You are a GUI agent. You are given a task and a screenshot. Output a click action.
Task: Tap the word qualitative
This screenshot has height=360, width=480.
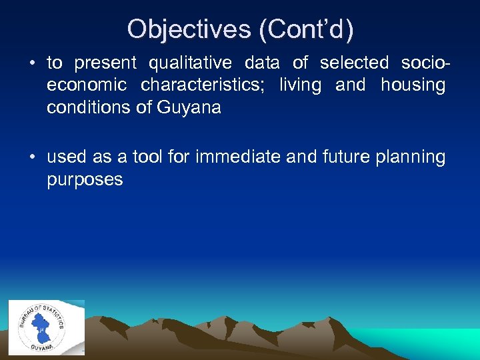190,63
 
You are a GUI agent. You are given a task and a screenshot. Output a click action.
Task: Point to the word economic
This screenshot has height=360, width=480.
87,85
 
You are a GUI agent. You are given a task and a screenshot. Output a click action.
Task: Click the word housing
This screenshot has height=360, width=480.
413,85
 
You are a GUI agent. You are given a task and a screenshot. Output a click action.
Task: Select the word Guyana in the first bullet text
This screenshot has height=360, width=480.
189,107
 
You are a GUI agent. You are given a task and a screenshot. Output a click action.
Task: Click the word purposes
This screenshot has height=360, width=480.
85,180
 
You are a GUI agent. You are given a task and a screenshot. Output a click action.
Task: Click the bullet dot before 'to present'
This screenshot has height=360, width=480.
32,63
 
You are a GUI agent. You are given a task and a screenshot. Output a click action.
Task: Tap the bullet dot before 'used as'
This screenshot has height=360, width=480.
32,157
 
